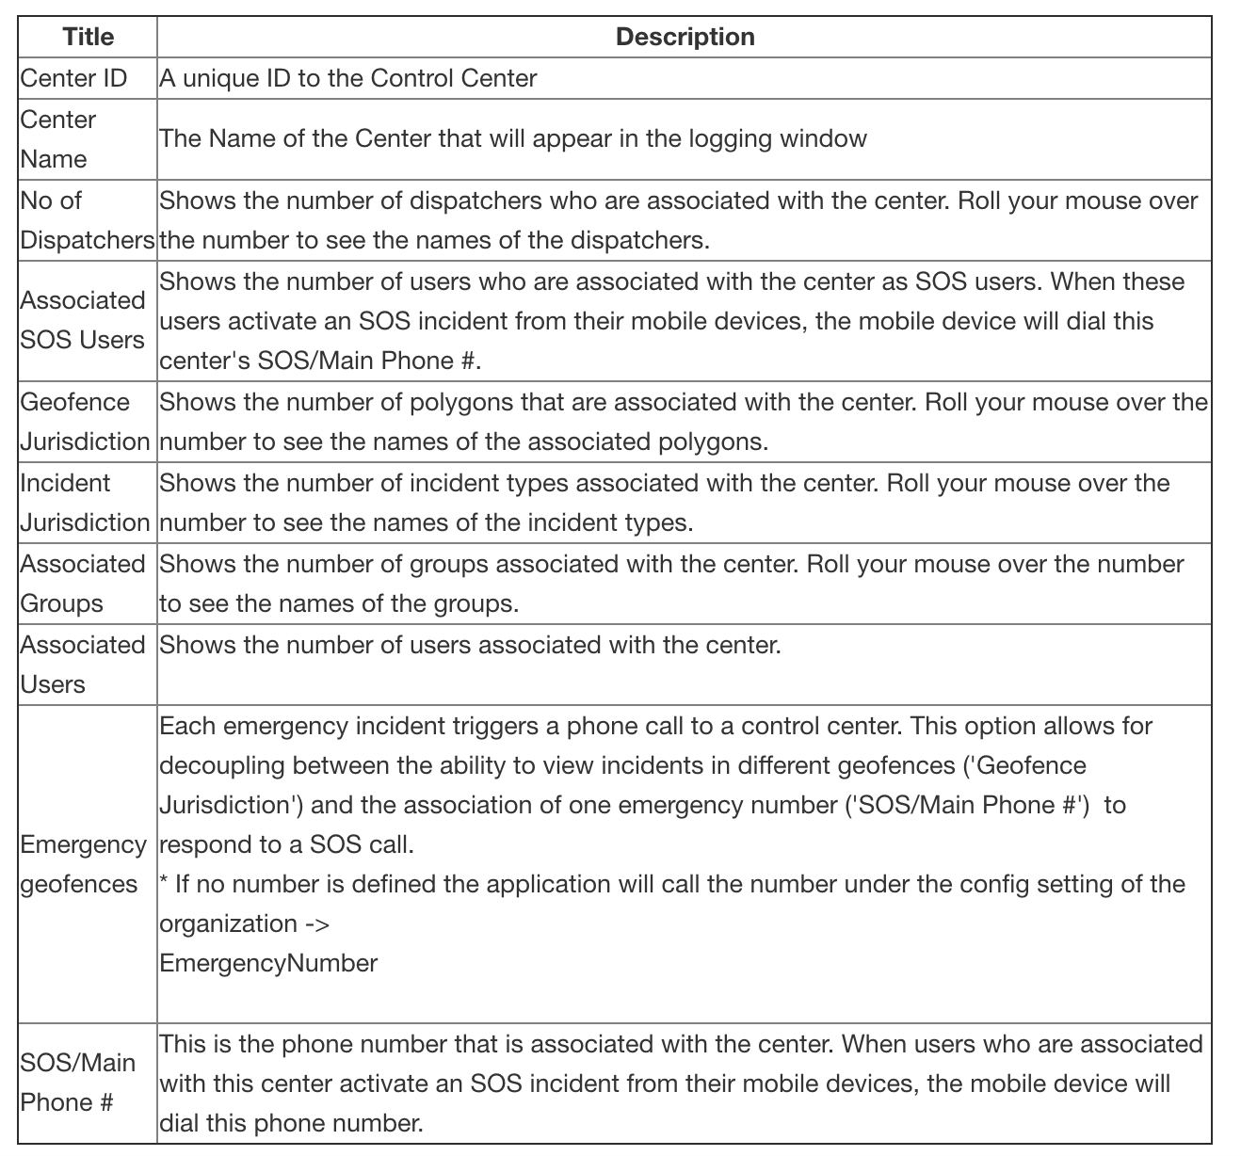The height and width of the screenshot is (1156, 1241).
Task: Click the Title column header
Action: pos(89,37)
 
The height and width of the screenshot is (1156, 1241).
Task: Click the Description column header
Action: pos(685,37)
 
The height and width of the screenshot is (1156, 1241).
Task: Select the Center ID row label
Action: pos(73,78)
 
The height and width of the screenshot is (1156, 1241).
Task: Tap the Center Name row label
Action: pos(58,139)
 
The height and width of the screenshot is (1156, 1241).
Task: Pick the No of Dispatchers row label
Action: pos(87,220)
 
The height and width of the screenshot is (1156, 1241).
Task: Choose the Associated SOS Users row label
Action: pos(83,320)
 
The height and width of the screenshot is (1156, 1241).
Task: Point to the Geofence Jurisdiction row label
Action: pos(85,422)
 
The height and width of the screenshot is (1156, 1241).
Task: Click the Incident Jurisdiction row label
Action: pos(85,503)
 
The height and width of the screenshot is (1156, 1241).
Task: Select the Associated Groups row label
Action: pos(83,584)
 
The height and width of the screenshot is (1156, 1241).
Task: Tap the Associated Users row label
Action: pos(83,665)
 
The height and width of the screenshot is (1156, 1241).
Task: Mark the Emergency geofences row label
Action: pos(83,864)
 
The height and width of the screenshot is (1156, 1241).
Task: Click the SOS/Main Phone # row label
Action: pos(78,1083)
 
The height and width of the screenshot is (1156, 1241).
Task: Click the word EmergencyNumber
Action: pos(268,963)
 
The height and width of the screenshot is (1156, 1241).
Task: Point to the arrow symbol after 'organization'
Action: pos(318,923)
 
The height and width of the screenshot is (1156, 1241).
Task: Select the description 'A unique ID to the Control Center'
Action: pos(347,78)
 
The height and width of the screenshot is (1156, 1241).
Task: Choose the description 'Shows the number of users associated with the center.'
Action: pos(470,645)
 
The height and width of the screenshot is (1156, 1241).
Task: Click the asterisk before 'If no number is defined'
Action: pos(164,881)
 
